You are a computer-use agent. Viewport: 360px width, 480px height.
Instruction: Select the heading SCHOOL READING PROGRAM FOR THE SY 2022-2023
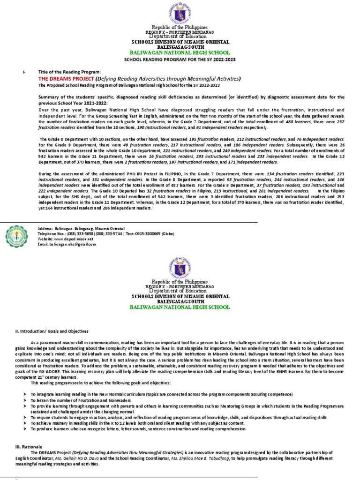point(180,60)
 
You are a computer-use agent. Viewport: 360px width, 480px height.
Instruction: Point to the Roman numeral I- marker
point(24,71)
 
